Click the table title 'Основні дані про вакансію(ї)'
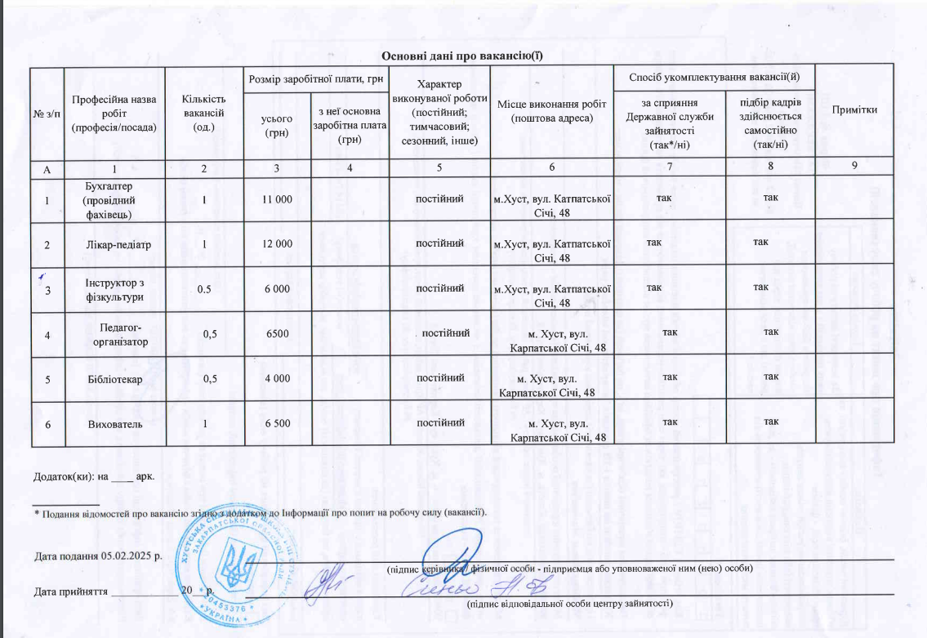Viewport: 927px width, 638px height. (463, 56)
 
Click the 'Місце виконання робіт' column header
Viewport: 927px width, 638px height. (550, 111)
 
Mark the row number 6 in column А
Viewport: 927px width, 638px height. (47, 424)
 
